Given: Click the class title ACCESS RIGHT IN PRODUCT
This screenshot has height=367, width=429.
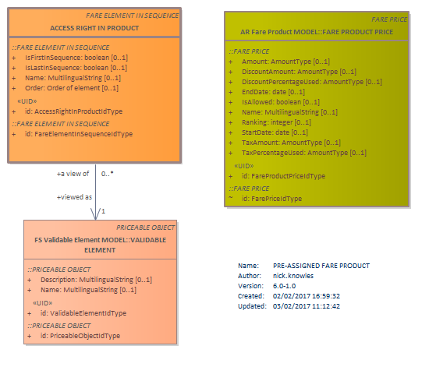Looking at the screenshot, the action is (x=94, y=28).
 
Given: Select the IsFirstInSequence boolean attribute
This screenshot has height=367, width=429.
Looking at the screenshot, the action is (x=76, y=58).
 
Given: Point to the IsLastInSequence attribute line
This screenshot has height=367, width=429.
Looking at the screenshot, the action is (x=76, y=68).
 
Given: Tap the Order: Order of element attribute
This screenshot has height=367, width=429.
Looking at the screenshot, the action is (x=72, y=88).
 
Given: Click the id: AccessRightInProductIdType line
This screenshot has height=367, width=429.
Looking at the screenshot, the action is (x=73, y=111).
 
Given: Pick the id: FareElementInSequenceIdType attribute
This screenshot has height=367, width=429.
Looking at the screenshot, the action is (x=79, y=134).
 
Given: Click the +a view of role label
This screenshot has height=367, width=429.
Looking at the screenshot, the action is (x=73, y=174).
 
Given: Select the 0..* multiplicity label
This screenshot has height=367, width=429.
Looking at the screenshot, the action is (x=108, y=174).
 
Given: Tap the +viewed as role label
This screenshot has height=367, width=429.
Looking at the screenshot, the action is (x=74, y=197).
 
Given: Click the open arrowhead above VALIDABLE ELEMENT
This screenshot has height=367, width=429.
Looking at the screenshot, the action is (x=95, y=214).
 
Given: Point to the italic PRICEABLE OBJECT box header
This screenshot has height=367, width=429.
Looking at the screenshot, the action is (x=146, y=228).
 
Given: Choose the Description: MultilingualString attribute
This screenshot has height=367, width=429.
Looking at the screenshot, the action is (x=96, y=280).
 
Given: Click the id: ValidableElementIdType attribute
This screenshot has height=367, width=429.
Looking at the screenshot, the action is (x=83, y=313).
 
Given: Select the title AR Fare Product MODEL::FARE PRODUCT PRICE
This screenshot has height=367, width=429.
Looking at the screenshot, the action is (x=317, y=32).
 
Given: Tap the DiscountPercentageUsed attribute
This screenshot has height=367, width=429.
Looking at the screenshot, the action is (x=312, y=82).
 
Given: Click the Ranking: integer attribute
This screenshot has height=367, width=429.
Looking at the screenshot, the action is (x=276, y=122).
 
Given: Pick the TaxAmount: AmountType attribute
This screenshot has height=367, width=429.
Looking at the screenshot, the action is (x=291, y=143).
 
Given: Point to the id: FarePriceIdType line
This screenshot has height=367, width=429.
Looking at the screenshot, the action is (x=271, y=199).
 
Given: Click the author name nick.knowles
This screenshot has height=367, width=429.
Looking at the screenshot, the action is (x=293, y=276).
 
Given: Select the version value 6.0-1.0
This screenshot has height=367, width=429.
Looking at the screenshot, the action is (x=284, y=286).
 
